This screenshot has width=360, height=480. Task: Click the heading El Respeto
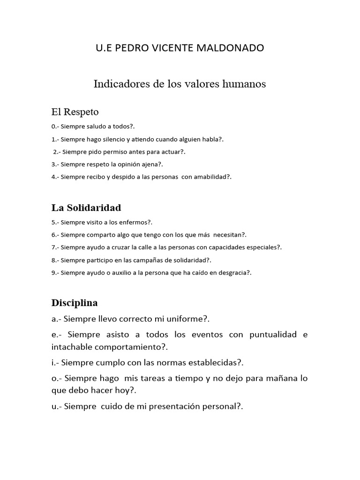click(75, 112)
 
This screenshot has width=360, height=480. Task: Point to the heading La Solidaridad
click(86, 207)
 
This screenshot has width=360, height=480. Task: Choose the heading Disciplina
click(75, 303)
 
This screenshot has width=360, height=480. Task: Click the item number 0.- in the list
click(55, 127)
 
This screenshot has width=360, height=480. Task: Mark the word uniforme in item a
click(183, 319)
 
